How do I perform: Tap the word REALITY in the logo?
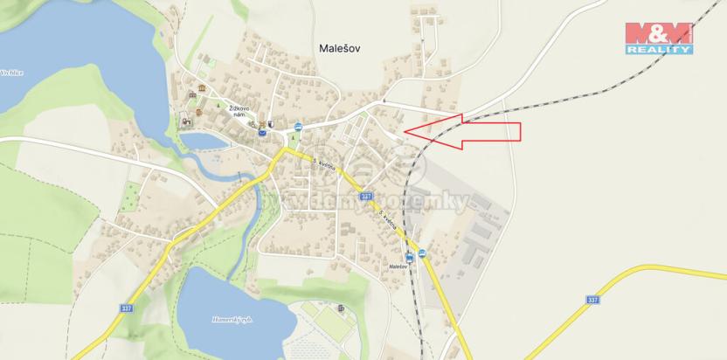pyautogui.click(x=659, y=50)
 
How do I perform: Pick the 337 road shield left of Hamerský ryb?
pyautogui.click(x=128, y=308)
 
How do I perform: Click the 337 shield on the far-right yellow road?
pyautogui.click(x=593, y=299)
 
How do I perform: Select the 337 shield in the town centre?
pyautogui.click(x=366, y=196)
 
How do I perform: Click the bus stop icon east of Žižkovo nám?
pyautogui.click(x=298, y=127)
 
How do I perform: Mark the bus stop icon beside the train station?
pyautogui.click(x=423, y=253)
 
